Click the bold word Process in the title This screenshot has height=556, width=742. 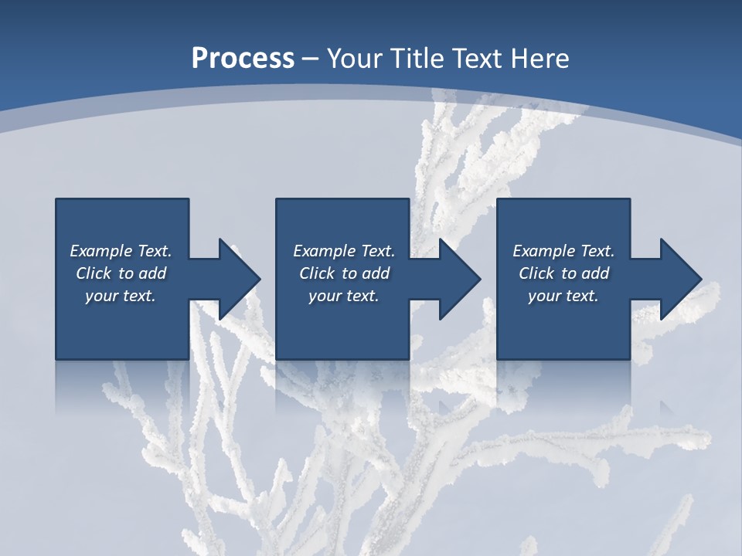[x=243, y=59]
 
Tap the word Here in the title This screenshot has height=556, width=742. [x=541, y=59]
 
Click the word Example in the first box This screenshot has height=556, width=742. [x=101, y=251]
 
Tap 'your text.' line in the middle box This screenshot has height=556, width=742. [x=343, y=296]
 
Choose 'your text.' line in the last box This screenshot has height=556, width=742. [x=563, y=296]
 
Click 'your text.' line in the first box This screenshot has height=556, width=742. [x=120, y=296]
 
